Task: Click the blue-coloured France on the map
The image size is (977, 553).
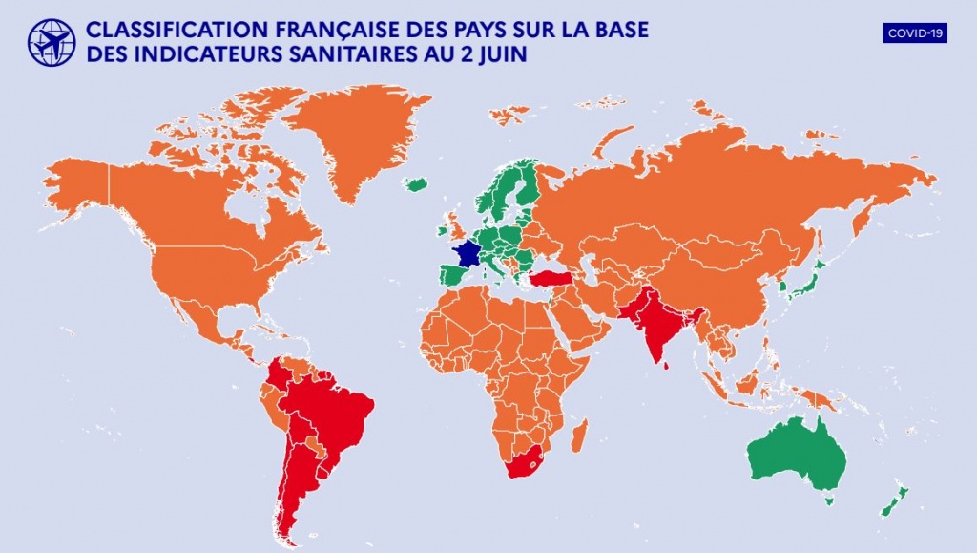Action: [x=468, y=255]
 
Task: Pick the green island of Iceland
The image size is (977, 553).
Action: [x=415, y=183]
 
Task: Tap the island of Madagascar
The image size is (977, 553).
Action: [x=578, y=437]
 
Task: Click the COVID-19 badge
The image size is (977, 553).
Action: [x=915, y=33]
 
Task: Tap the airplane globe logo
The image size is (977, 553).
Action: [x=52, y=42]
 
